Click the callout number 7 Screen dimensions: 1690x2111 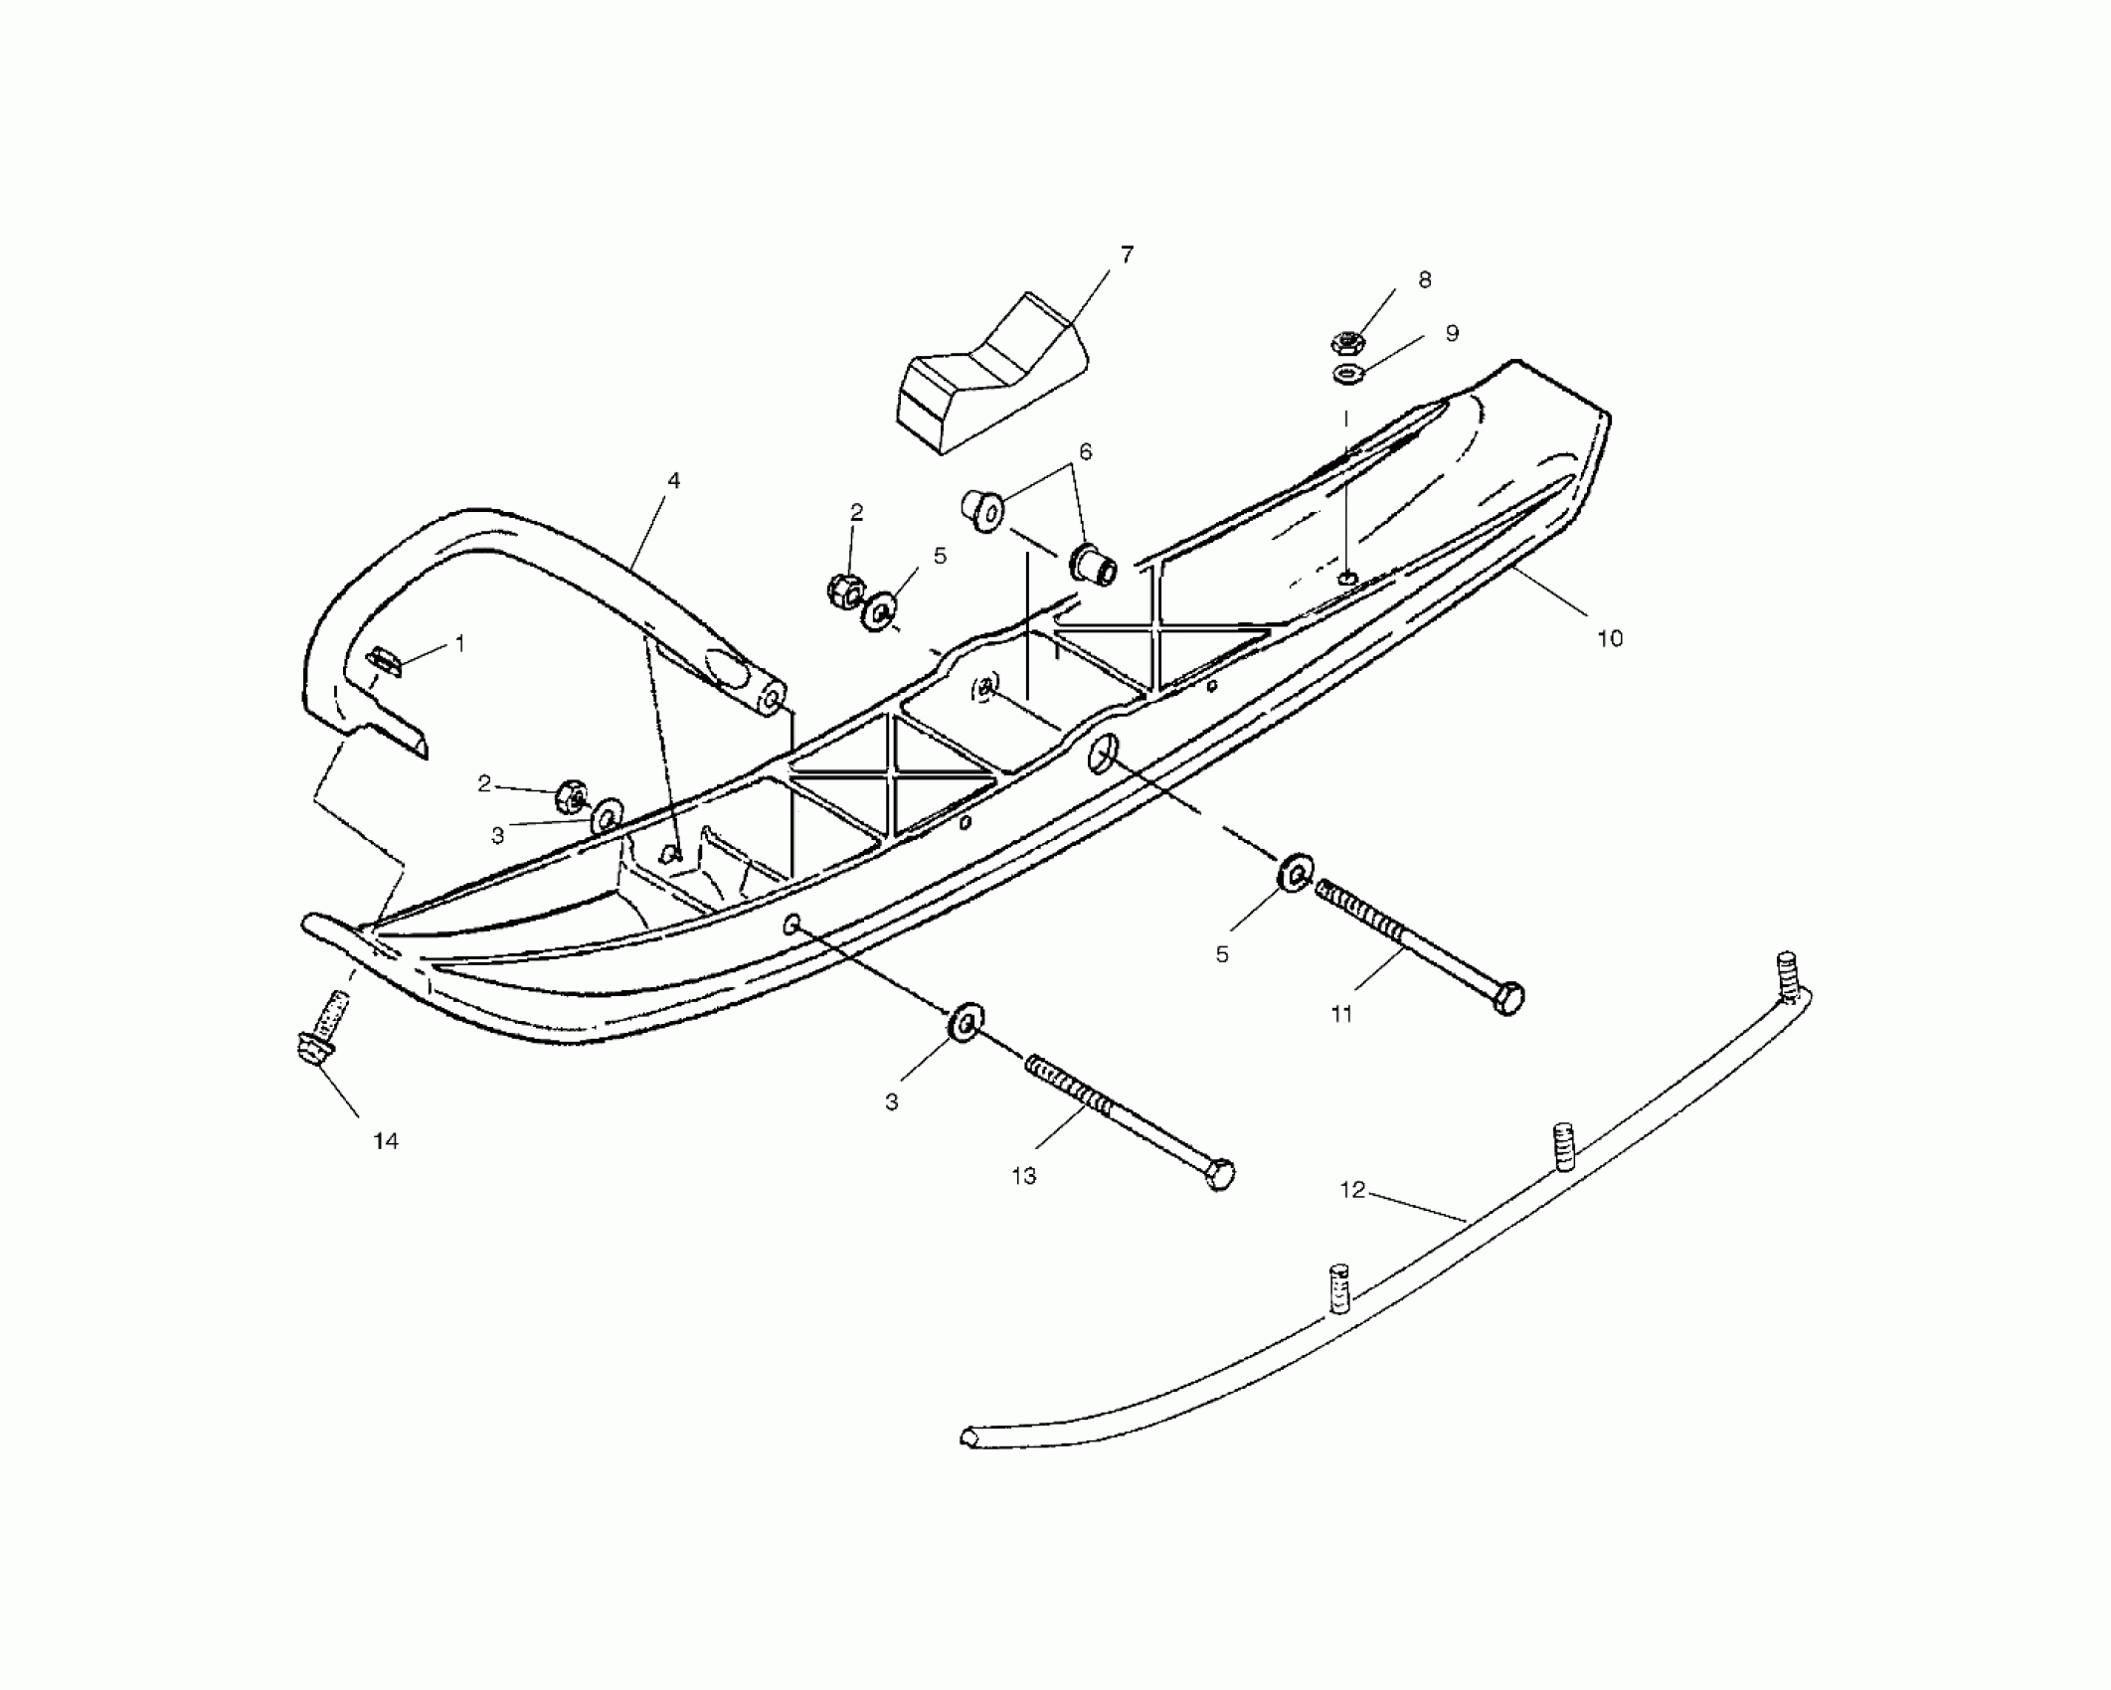point(1126,255)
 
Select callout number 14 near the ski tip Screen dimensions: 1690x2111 point(386,1141)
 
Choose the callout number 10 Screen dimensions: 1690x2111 point(1609,638)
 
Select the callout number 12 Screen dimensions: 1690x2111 point(1352,1190)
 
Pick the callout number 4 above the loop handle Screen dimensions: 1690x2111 point(673,481)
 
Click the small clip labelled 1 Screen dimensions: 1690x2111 point(384,660)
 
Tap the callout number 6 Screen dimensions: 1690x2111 point(1085,452)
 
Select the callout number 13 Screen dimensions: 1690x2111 point(1023,1176)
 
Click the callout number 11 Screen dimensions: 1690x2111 point(1341,1014)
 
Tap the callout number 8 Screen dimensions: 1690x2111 point(1424,280)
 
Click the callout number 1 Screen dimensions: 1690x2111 point(459,644)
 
